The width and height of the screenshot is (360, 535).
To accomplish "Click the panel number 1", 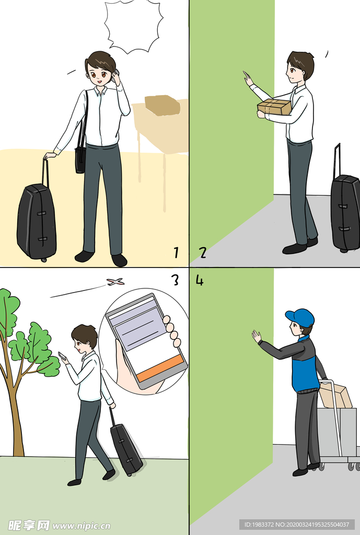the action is coord(176,252).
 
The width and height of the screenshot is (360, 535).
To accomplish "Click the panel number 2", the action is coord(203,252).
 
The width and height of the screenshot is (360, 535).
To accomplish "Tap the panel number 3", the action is coord(175,280).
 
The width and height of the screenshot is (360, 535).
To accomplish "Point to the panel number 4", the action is coord(200,280).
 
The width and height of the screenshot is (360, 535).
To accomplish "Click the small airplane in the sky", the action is coord(115,282).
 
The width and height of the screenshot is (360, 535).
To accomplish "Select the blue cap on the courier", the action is coord(300,317).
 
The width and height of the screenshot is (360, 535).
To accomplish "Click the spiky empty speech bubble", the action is coord(133,26).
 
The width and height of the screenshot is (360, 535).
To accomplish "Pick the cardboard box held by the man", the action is coord(275,107).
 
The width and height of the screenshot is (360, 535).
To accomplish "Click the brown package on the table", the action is coord(162,106).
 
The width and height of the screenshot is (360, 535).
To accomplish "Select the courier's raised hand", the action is coord(257,336).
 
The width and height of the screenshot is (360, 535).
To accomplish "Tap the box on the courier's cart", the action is coord(335,396).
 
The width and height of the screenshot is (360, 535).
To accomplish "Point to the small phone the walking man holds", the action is coord(63,355).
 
